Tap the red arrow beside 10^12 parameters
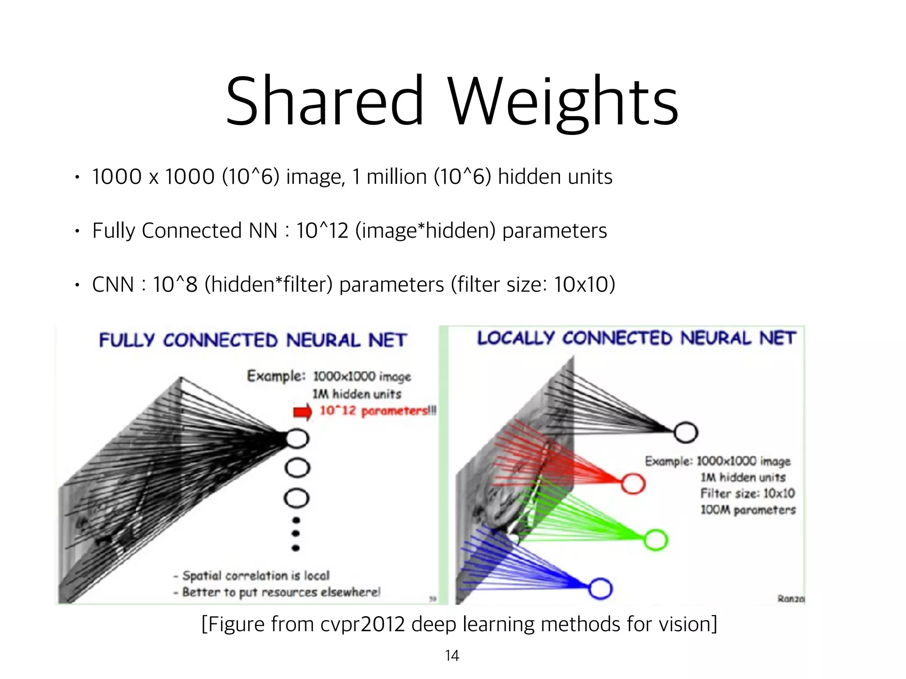coord(303,412)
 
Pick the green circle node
coord(656,540)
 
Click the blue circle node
coord(600,588)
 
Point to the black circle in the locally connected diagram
coord(686,432)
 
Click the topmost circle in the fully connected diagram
coord(297,439)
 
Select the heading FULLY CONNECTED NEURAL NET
coord(252,340)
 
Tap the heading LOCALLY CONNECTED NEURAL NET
coord(636,338)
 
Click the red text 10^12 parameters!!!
coord(377,411)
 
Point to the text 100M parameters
coord(748,510)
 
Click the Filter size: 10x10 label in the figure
coord(747,493)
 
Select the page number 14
coord(452,656)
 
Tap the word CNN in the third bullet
coord(113,284)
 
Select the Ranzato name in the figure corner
coord(791,599)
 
